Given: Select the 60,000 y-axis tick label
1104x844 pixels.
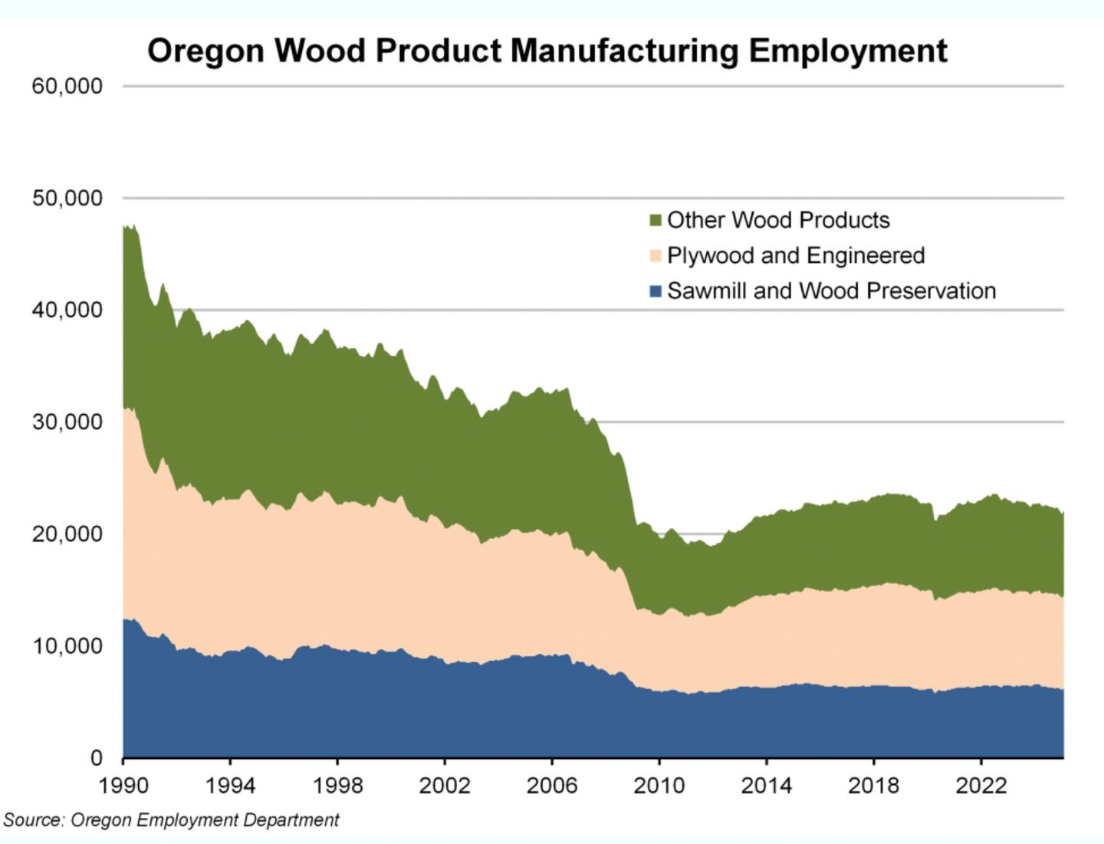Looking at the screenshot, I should point(67,86).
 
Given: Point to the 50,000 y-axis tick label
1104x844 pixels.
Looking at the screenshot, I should point(67,198).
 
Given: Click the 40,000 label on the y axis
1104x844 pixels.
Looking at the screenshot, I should point(67,310).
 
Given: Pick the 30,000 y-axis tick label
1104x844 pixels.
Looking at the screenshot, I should point(67,422).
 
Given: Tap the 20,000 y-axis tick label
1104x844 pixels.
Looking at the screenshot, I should point(67,534).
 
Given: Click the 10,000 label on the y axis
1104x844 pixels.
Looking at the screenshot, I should point(67,645).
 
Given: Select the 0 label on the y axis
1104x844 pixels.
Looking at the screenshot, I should point(97,757).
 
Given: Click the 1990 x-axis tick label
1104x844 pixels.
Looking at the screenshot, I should point(123,787).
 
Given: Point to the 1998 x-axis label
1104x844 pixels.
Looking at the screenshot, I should point(337,787).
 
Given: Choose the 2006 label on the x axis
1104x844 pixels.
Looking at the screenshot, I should point(551,787).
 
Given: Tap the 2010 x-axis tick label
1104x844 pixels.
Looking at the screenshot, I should point(659,787).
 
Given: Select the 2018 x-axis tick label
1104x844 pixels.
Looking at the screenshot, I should point(873,787).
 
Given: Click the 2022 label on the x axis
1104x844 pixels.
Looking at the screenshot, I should point(981,787).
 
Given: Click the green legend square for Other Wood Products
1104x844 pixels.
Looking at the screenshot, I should point(655,221).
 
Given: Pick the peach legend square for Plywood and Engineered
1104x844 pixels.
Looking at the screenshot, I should point(655,256).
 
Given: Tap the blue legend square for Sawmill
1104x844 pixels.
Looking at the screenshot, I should point(655,291).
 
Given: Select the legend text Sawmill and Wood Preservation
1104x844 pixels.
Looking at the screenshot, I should point(831,291).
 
